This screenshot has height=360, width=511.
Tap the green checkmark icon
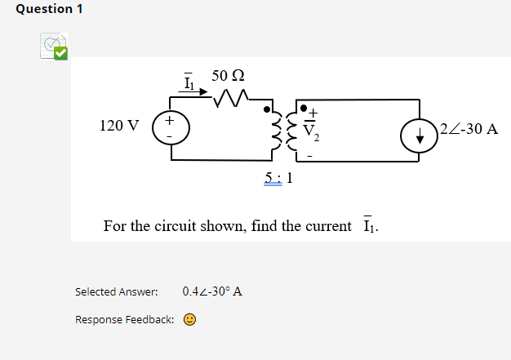[x=60, y=53]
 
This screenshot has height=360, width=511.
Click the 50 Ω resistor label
[x=228, y=76]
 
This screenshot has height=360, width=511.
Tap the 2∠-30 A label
[x=469, y=129]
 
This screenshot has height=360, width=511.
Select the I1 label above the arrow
[x=189, y=81]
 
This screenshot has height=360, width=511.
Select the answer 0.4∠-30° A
[x=212, y=291]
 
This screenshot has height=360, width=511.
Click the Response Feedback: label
[x=124, y=319]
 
